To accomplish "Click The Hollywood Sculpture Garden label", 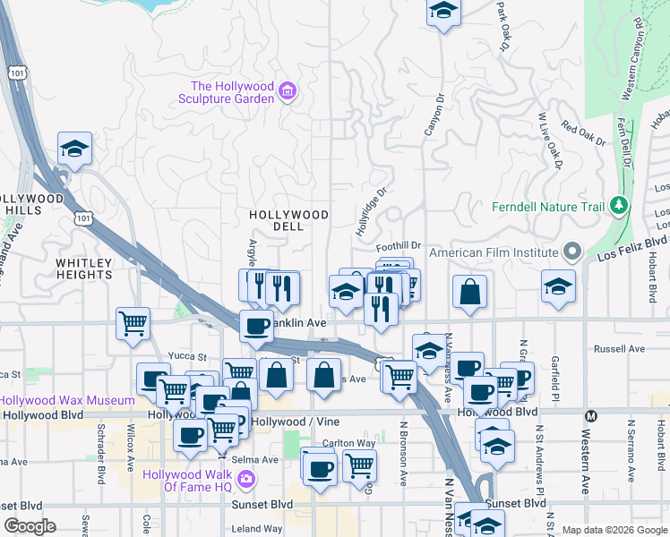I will pos(231,92).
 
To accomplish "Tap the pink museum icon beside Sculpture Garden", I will pos(288,91).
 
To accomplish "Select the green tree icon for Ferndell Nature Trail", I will pos(618,207).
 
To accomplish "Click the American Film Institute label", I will pos(494,252).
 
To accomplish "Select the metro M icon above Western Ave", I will pos(590,416).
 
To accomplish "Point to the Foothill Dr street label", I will pos(399,244).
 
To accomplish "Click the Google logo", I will pos(30,526).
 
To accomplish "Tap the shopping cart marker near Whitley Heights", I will pos(133,322).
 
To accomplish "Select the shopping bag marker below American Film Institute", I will pos(470,292).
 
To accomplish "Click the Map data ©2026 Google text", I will pos(614,530).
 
